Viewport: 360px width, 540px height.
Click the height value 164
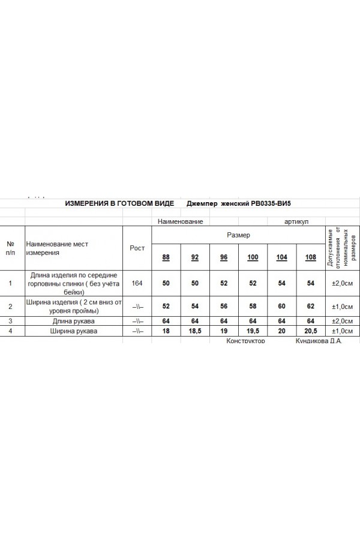point(137,283)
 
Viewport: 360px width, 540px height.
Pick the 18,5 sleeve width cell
point(195,330)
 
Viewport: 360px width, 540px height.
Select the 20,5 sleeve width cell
point(310,330)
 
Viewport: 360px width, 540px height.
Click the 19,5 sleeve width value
point(253,330)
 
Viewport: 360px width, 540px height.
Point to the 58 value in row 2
point(253,306)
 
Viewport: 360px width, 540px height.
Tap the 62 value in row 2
point(310,306)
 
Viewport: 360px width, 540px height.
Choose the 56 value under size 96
point(224,306)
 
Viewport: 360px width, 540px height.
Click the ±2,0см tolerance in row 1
point(342,283)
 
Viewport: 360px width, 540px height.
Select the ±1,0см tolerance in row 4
point(342,330)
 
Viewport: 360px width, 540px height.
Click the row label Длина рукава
point(74,321)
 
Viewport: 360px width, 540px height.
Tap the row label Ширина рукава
point(74,330)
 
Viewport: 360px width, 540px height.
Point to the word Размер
point(238,235)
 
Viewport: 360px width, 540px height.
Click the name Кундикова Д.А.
point(319,340)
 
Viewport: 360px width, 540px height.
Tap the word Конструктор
point(245,340)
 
